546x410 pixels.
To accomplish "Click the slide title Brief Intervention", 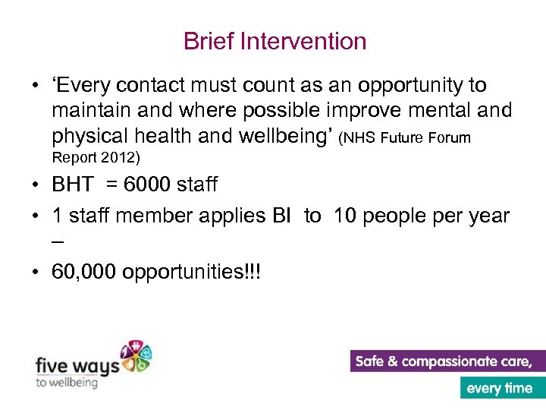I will click(x=275, y=41).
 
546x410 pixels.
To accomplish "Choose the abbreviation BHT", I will click(x=73, y=184).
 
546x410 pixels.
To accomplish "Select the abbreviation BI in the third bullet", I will click(x=281, y=216).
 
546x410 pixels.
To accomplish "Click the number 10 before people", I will click(x=345, y=216).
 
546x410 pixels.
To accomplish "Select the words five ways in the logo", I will click(x=77, y=366).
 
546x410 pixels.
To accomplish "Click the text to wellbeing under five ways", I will click(x=67, y=383).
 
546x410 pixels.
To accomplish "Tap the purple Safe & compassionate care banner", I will click(x=447, y=361).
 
